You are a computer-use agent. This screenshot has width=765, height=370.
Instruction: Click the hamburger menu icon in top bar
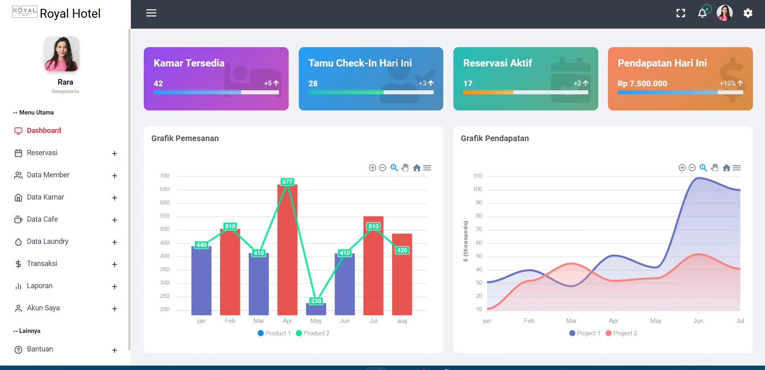(x=151, y=13)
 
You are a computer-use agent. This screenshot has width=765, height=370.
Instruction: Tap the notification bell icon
(x=702, y=13)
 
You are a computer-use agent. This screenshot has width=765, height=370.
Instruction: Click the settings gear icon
(x=748, y=13)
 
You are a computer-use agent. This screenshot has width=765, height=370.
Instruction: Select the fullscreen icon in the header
(x=680, y=13)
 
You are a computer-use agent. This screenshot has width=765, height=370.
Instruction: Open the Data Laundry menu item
(x=48, y=241)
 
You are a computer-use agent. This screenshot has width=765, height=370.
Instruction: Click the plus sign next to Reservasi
(x=114, y=154)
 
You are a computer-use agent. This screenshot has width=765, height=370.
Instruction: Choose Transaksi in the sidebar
(x=42, y=264)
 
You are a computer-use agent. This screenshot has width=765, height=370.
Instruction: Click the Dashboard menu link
(x=44, y=131)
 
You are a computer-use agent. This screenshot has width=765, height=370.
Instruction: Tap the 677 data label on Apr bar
(x=287, y=182)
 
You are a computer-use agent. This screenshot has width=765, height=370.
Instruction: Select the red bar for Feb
(x=230, y=274)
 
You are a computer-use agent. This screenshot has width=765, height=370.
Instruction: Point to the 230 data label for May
(x=316, y=301)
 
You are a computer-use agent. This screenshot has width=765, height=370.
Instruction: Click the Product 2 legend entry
(x=313, y=333)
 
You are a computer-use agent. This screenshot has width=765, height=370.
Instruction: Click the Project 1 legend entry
(x=585, y=333)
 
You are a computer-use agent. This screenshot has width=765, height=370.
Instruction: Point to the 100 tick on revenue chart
(x=478, y=189)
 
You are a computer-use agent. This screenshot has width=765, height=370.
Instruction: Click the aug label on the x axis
(x=402, y=321)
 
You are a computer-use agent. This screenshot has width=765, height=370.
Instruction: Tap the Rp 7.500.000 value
(x=642, y=83)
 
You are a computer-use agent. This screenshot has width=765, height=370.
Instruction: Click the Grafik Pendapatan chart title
(x=495, y=138)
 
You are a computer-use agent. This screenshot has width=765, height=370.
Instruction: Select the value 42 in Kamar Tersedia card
(x=158, y=83)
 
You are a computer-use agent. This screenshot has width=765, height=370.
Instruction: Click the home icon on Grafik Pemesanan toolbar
(x=417, y=168)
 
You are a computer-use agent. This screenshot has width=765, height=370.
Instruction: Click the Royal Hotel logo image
(x=25, y=12)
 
